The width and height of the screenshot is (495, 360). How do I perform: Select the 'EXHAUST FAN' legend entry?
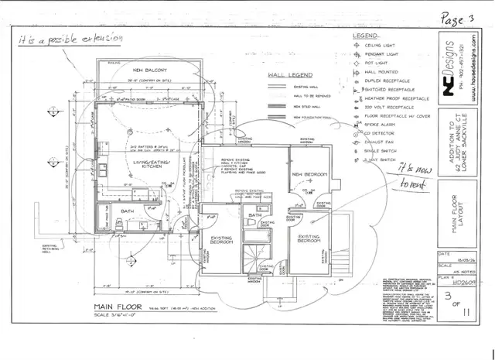[381, 142]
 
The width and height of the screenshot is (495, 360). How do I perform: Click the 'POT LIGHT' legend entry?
[377, 63]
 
